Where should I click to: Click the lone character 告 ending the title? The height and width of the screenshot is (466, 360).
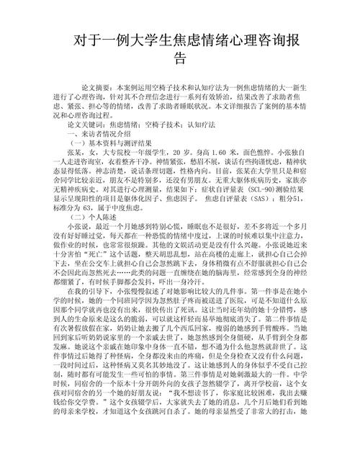181,58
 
